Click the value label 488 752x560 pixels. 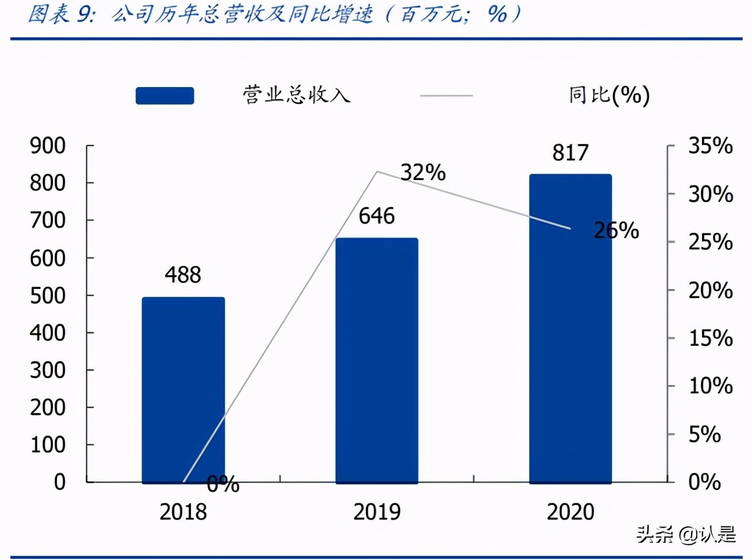183,275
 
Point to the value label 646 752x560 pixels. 377,216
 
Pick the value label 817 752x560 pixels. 570,153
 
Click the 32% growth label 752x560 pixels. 423,173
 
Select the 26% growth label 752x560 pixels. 616,231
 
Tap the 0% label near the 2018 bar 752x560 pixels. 223,484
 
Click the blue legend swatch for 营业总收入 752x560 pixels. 164,95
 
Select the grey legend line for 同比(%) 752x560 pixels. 446,95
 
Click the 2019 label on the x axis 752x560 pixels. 377,512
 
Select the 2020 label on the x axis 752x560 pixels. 570,512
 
